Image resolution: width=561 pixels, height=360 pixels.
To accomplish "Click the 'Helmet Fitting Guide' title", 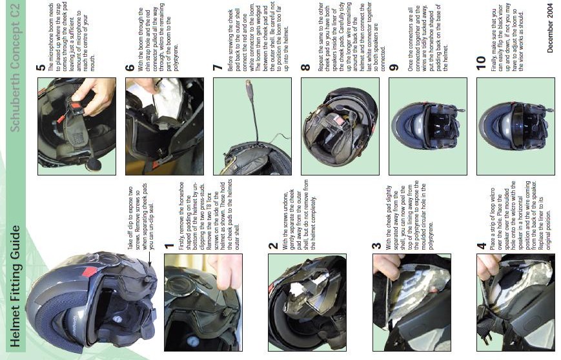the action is tap(15, 286).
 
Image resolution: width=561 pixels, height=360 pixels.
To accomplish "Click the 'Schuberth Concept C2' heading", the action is tap(15, 68).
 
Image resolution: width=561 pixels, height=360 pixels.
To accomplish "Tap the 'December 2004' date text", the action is tap(550, 28).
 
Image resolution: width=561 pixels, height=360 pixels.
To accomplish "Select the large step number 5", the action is tap(41, 67).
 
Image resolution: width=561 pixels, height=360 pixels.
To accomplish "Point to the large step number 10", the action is tap(481, 63).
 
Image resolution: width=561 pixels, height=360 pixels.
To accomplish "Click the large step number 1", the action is tap(169, 246).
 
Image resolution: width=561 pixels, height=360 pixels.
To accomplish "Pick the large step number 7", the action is tap(217, 67).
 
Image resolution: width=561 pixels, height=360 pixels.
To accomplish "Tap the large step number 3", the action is tap(376, 246).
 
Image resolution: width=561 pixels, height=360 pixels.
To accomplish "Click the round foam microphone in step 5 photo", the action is tap(94, 165).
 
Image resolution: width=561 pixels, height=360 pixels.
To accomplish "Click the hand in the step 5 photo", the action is tap(94, 97).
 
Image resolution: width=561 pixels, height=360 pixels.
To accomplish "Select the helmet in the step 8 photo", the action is tap(340, 126).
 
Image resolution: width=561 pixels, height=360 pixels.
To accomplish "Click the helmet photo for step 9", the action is tap(428, 126).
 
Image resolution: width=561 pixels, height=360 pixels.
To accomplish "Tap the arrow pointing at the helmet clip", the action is tap(150, 258).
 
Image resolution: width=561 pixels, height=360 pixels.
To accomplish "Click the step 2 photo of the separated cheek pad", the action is tap(307, 303).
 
